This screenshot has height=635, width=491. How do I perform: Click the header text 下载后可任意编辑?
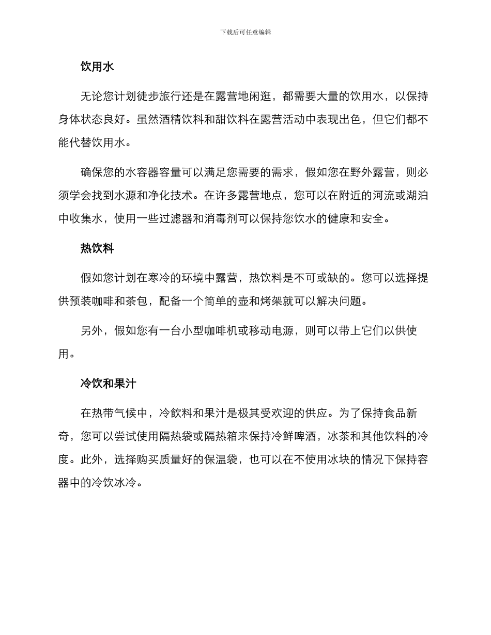click(245, 32)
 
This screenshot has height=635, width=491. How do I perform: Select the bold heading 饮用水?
click(97, 67)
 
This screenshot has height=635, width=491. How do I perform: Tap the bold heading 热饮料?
click(97, 249)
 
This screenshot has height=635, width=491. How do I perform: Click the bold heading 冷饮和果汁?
click(109, 384)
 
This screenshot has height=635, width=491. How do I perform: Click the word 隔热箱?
click(227, 436)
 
